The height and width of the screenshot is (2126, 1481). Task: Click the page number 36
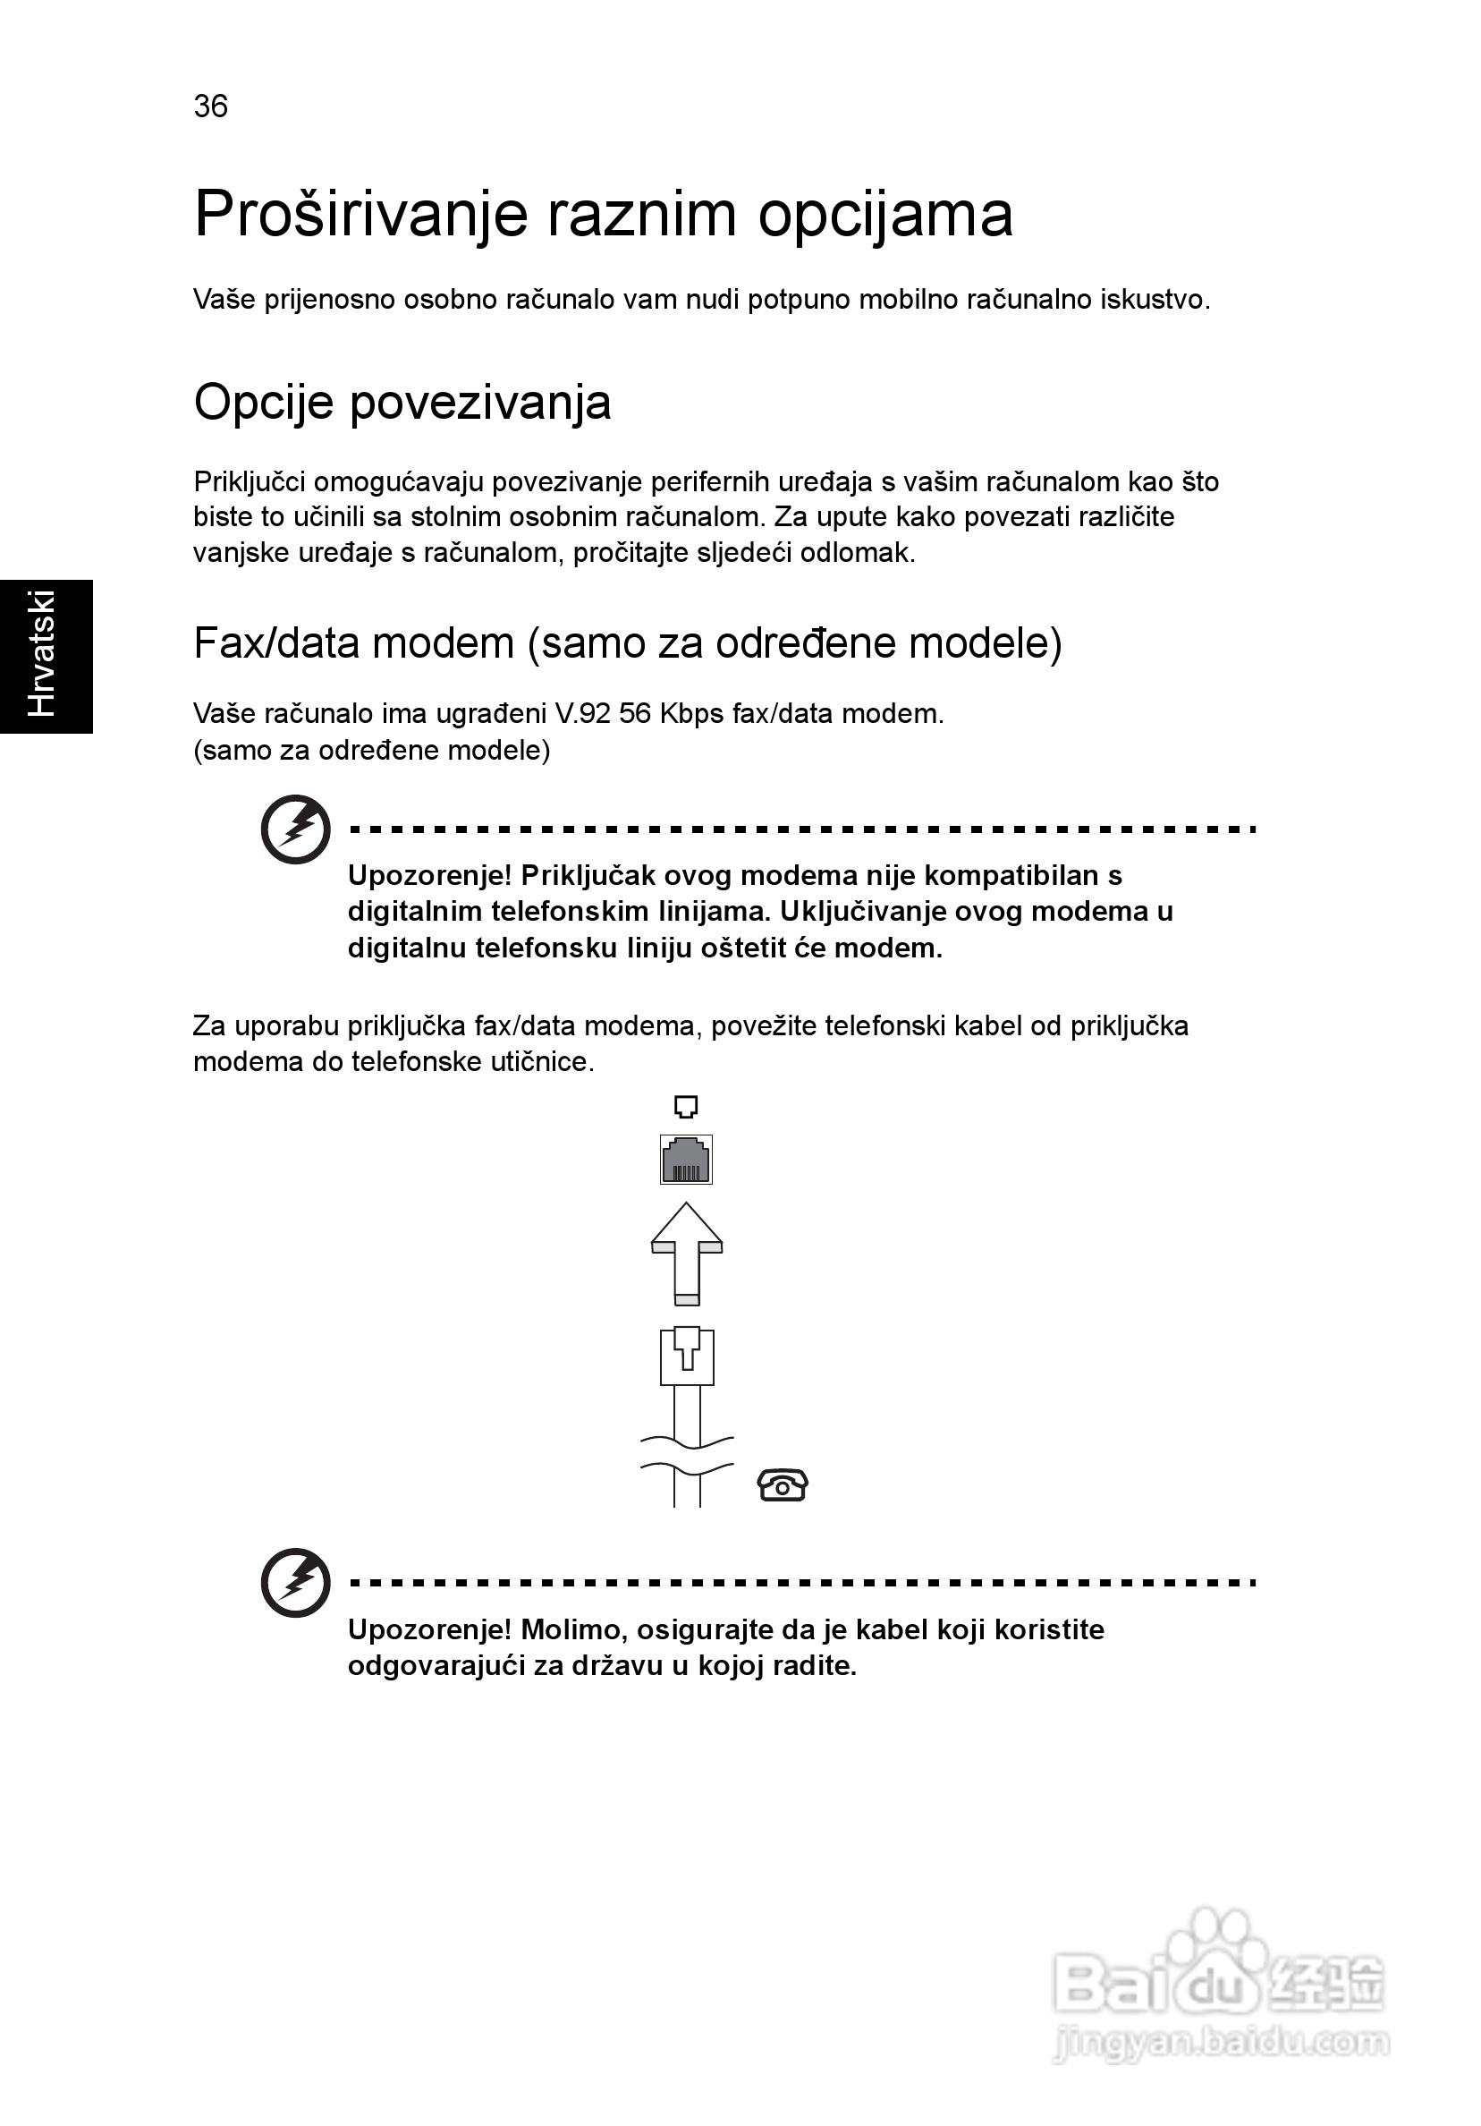(211, 106)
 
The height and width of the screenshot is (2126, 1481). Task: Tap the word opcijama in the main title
(884, 215)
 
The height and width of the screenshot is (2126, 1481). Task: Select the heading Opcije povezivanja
(402, 403)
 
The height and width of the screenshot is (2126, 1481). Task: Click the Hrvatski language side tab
(45, 656)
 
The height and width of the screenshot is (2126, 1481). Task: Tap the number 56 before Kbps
(635, 714)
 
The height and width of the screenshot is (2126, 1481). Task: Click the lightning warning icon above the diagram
(295, 829)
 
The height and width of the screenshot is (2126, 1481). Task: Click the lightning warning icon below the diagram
(295, 1583)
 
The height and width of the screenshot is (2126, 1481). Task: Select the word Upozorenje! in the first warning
(429, 875)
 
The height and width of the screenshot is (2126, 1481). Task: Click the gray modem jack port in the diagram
(686, 1160)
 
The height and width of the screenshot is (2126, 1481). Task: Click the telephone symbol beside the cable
(783, 1485)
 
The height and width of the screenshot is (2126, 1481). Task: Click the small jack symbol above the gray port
(686, 1107)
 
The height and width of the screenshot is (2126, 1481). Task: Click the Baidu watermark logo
(1218, 1982)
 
